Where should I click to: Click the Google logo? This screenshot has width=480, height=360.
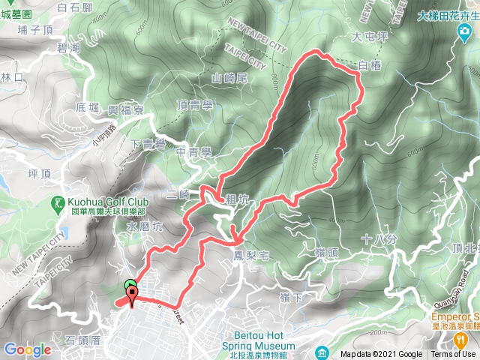click(27, 349)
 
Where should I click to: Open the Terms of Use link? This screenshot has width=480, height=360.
click(453, 355)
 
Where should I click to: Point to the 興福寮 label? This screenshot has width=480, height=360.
click(126, 110)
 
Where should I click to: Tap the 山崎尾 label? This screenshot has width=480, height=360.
click(229, 77)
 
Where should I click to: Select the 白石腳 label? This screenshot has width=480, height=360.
click(73, 7)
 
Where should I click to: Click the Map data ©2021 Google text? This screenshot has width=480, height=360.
click(381, 355)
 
